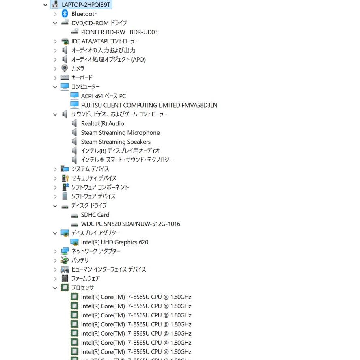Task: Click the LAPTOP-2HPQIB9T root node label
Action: pyautogui.click(x=86, y=4)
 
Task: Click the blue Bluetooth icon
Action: pyautogui.click(x=65, y=14)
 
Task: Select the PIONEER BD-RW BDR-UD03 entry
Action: pyautogui.click(x=119, y=32)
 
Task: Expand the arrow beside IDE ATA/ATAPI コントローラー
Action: pyautogui.click(x=55, y=41)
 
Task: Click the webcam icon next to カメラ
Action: pyautogui.click(x=65, y=68)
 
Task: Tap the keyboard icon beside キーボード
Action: pyautogui.click(x=65, y=78)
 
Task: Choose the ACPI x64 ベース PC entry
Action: pyautogui.click(x=103, y=96)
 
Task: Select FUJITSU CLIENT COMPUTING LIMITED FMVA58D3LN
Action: pyautogui.click(x=149, y=105)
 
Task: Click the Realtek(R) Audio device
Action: pyautogui.click(x=102, y=123)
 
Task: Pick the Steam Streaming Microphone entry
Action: pyautogui.click(x=120, y=133)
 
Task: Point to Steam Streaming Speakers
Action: pyautogui.click(x=116, y=142)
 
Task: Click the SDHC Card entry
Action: pyautogui.click(x=95, y=215)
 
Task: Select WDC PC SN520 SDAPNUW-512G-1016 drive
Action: pyautogui.click(x=130, y=224)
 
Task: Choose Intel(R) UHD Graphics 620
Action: pyautogui.click(x=114, y=242)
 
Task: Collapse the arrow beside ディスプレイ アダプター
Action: pyautogui.click(x=55, y=233)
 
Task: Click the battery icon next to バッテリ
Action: pyautogui.click(x=65, y=260)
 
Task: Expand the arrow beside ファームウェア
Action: pyautogui.click(x=55, y=279)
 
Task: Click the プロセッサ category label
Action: pyautogui.click(x=83, y=287)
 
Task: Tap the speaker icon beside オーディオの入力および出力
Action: pyautogui.click(x=65, y=50)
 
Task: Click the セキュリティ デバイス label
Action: pyautogui.click(x=94, y=178)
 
